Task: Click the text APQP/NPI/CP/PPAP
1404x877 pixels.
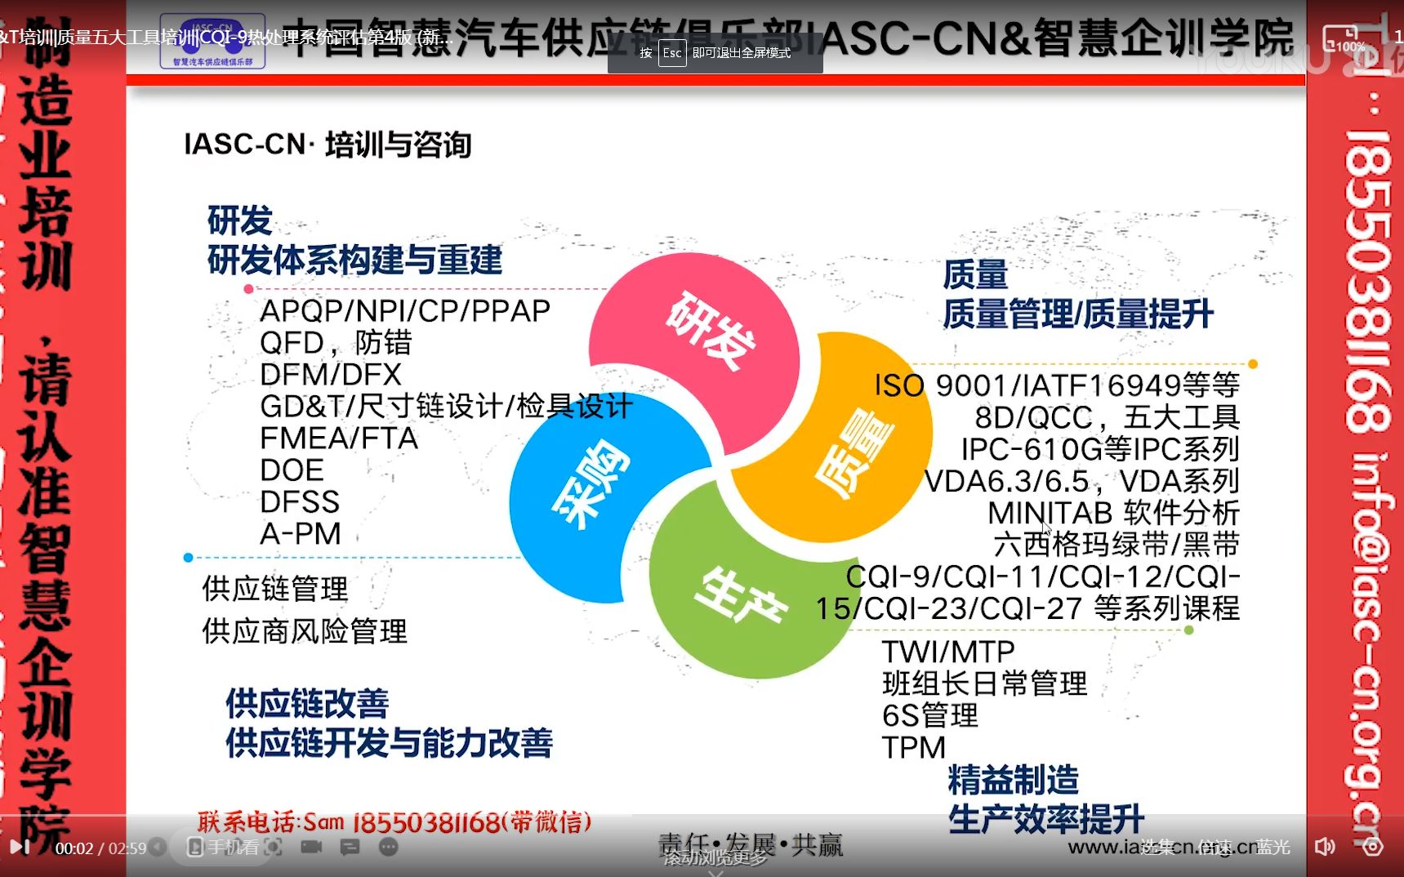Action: coord(404,311)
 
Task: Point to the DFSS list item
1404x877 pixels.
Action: coord(299,502)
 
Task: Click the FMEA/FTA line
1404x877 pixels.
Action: coord(338,438)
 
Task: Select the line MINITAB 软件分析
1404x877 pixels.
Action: coord(1113,513)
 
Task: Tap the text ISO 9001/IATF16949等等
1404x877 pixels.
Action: coord(1056,385)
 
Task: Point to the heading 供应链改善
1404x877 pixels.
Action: coord(307,703)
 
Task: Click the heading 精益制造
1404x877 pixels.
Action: coord(1013,780)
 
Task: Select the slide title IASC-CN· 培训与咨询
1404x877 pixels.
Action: coord(328,145)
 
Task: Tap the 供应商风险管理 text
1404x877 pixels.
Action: coord(304,631)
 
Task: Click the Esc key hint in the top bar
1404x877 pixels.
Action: coord(671,53)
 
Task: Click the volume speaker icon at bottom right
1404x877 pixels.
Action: coord(1324,847)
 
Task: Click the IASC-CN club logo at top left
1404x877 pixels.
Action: coord(212,40)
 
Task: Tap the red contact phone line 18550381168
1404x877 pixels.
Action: coord(394,821)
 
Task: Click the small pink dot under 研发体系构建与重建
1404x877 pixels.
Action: coord(248,289)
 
